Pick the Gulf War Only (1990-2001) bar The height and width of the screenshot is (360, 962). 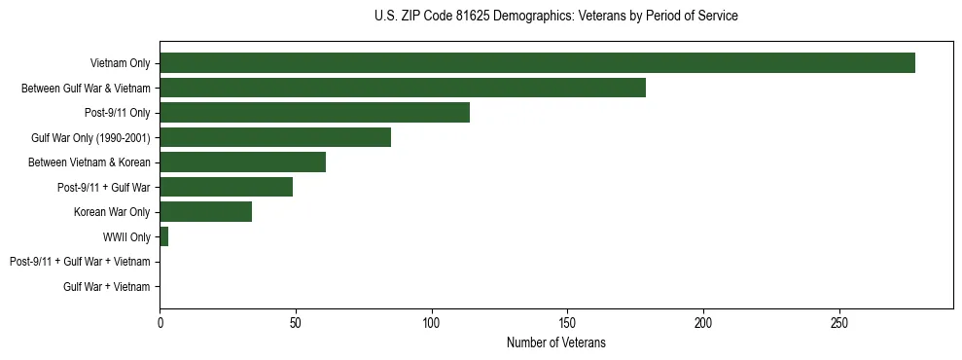tap(275, 137)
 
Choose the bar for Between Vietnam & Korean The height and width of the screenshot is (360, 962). tap(242, 162)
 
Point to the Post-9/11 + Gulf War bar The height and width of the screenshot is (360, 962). tap(226, 187)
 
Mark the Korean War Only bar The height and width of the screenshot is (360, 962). tap(205, 212)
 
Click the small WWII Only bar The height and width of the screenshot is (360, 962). tap(163, 236)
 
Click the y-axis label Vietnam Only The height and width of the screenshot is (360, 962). tap(120, 63)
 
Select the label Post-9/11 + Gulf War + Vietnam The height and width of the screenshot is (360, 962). tap(80, 262)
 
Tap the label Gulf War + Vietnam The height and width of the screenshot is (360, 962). tap(107, 286)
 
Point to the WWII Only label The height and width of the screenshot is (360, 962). tap(126, 236)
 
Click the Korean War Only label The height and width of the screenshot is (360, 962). tap(112, 212)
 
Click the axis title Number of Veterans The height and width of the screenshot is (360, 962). tap(556, 342)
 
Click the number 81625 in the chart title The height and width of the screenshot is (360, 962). tap(477, 17)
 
